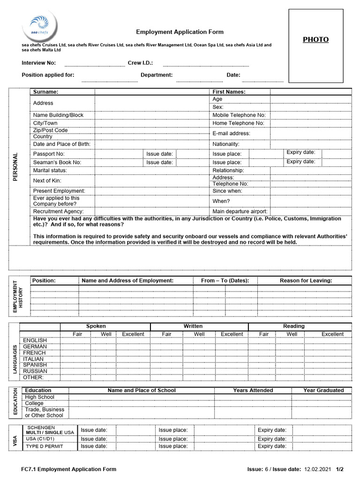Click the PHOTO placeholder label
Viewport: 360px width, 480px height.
coord(315,40)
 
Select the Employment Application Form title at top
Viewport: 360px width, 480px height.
coord(180,32)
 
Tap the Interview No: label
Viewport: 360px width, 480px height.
coord(38,63)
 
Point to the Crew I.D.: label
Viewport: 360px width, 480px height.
coord(140,63)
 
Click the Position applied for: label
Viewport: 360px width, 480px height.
coord(48,75)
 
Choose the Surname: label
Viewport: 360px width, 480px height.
coord(45,92)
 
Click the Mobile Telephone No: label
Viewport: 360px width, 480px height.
coord(239,115)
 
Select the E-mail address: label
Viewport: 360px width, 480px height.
coord(231,134)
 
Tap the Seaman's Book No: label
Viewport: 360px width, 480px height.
coord(57,162)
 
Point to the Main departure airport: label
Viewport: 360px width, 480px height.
coord(240,211)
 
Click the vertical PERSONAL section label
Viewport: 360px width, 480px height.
coord(15,167)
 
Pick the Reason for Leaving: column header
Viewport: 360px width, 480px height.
coord(306,281)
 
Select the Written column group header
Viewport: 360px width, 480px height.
coord(193,326)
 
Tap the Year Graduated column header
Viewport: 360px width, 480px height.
coord(323,390)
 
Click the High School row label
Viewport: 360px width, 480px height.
coord(39,397)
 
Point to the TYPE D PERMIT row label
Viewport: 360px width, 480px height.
coord(44,446)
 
